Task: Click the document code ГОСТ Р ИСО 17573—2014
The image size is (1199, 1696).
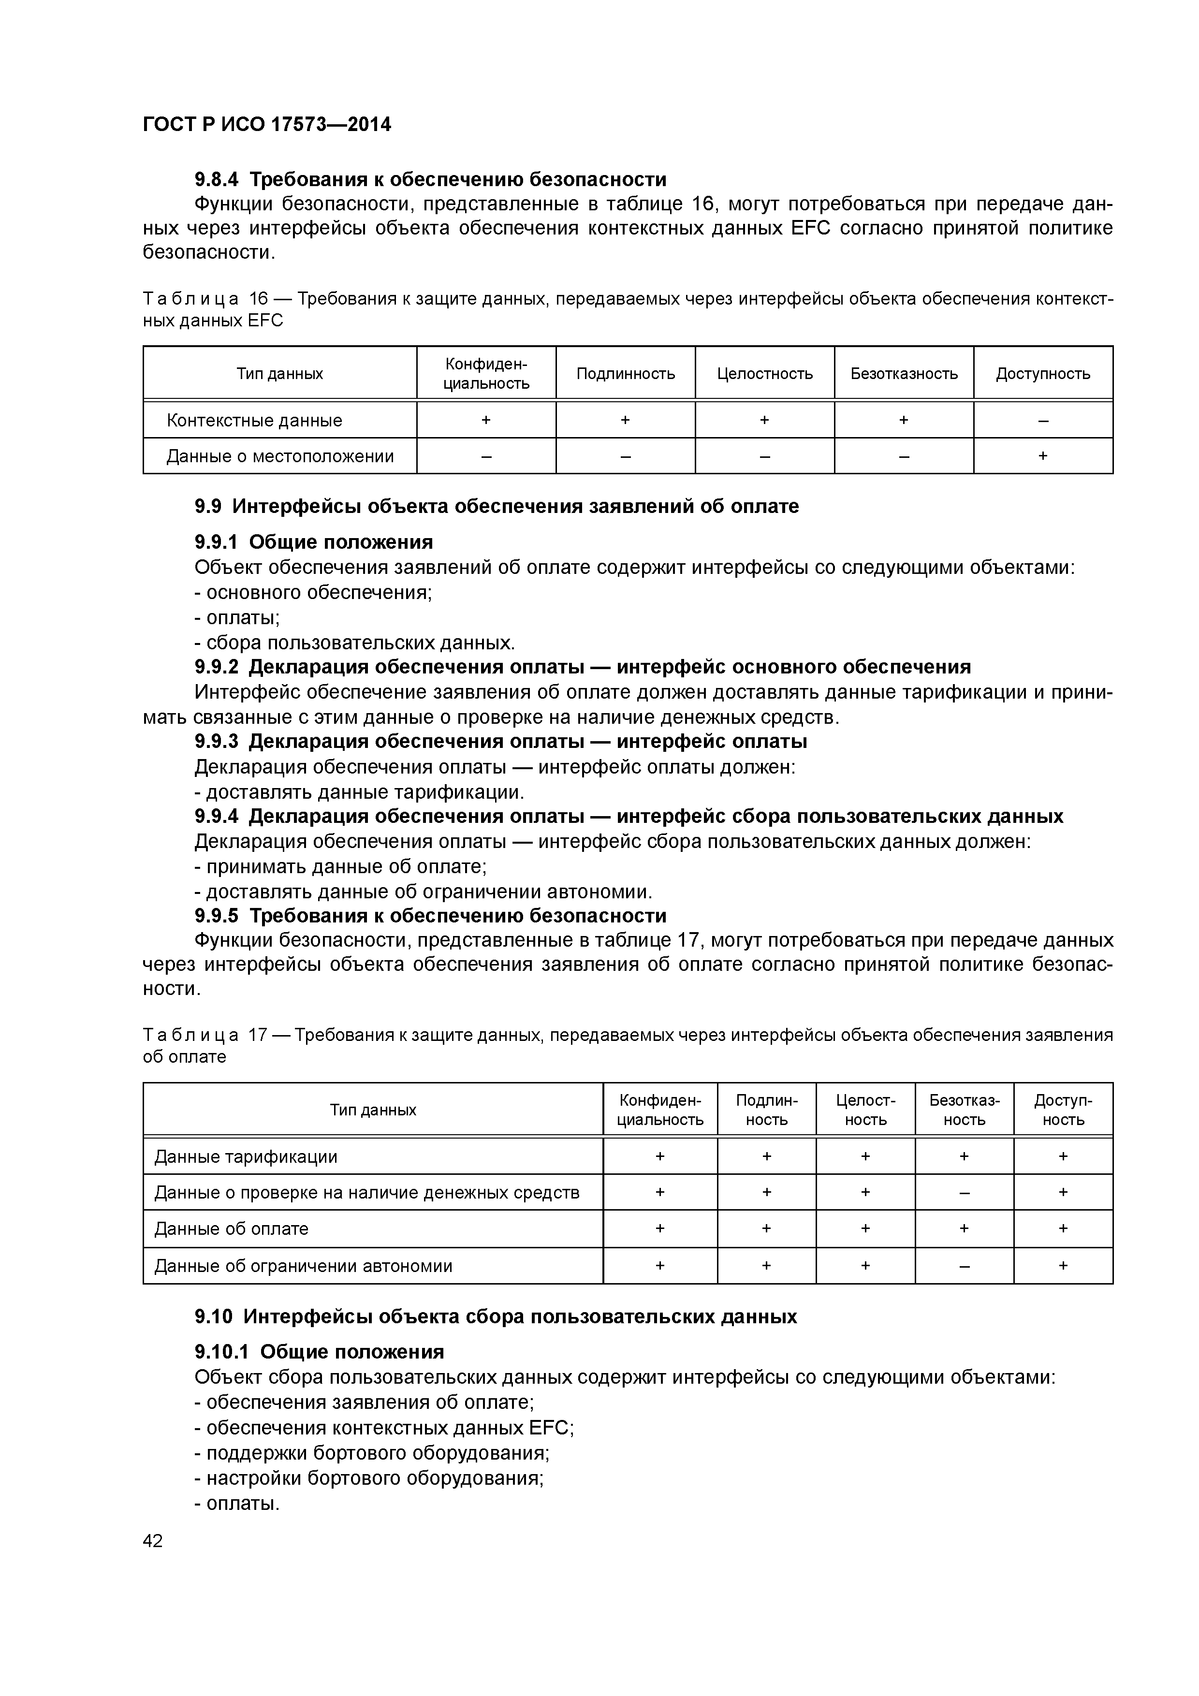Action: (x=267, y=125)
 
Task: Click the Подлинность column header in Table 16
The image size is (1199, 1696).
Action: (x=625, y=374)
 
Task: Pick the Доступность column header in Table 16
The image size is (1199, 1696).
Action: (x=1042, y=374)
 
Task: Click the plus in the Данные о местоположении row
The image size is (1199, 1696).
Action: (x=1042, y=456)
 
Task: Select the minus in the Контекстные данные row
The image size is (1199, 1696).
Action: (x=1042, y=420)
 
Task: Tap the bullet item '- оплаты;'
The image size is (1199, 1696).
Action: (x=237, y=617)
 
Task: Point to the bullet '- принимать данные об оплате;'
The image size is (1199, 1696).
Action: (x=340, y=866)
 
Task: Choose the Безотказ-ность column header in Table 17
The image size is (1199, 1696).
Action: (x=964, y=1110)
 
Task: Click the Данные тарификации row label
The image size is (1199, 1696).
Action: (x=245, y=1157)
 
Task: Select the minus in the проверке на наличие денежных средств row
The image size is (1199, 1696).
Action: (x=964, y=1192)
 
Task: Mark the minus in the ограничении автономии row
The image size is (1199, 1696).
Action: (x=964, y=1266)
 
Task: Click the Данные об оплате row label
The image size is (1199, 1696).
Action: (x=231, y=1229)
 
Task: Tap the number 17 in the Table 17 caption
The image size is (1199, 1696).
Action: (x=257, y=1035)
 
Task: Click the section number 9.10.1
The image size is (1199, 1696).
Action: (x=222, y=1352)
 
